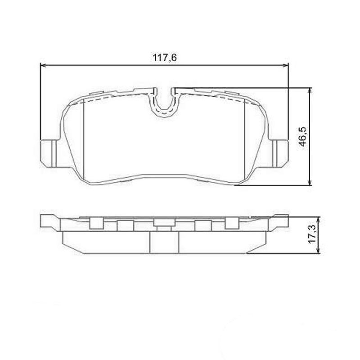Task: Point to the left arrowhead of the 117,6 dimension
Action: point(43,65)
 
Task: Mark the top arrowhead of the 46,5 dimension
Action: point(309,90)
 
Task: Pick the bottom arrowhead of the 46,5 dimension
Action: point(309,182)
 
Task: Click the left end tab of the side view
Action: point(49,220)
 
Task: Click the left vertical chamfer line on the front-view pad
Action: point(84,139)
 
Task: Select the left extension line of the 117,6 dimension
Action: point(41,103)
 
